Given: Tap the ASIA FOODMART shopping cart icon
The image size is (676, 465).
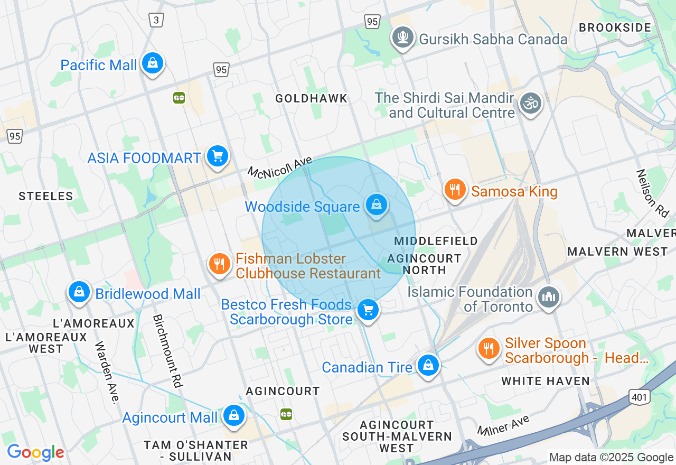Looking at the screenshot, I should [217, 156].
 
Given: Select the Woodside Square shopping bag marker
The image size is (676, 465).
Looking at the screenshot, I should [377, 204].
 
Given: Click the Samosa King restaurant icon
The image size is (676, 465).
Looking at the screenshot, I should [454, 189].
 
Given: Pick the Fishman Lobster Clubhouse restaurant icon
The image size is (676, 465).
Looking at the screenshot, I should [220, 263].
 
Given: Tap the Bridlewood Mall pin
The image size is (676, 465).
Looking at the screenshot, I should [79, 291].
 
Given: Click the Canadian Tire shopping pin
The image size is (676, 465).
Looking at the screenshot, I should [428, 365].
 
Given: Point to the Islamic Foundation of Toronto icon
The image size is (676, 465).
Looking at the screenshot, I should [548, 297].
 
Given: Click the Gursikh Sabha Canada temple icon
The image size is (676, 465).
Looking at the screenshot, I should [403, 37].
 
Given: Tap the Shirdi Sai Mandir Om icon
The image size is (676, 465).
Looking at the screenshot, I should [530, 103].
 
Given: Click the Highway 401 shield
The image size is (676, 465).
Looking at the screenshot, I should [639, 397].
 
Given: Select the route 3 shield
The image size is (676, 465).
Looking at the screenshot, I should [156, 20].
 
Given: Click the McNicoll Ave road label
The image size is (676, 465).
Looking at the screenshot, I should [280, 167].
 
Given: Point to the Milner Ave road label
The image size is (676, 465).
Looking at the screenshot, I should [504, 425].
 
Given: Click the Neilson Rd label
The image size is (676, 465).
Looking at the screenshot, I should [653, 193].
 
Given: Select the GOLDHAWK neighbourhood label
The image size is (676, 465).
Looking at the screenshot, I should [312, 98].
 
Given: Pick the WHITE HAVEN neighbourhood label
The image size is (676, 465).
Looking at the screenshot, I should [546, 381].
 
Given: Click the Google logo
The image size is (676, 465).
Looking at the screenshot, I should [35, 452].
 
